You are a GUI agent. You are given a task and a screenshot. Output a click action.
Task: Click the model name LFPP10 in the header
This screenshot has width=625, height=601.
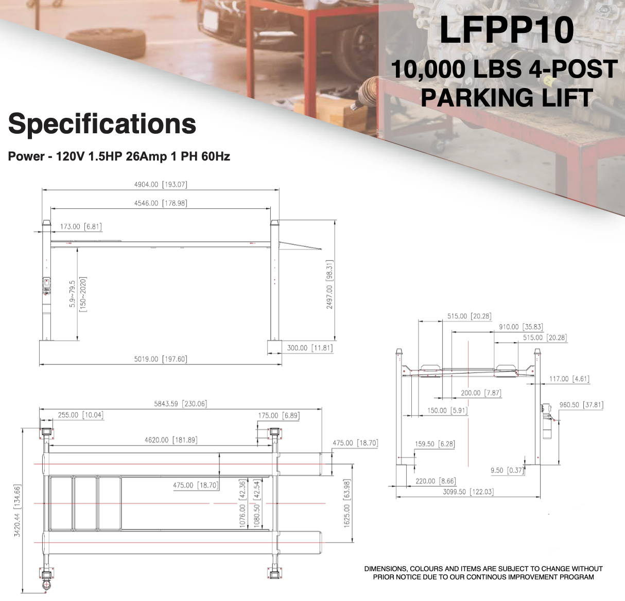point(507,30)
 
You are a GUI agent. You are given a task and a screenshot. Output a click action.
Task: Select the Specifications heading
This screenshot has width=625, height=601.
point(102,124)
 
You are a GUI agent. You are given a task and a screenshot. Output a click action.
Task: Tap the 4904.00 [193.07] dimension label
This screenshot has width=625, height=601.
point(161,184)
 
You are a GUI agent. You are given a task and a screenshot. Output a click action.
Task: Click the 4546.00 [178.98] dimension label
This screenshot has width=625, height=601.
point(161,203)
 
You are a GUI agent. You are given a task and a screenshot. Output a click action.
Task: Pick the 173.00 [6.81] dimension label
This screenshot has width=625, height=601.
point(81,226)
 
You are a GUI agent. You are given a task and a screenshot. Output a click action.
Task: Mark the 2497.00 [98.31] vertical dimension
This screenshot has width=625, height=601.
point(329,284)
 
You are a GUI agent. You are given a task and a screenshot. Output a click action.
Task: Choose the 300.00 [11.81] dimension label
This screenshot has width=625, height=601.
point(310,348)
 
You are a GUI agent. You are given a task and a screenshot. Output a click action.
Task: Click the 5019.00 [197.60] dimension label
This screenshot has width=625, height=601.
point(161,359)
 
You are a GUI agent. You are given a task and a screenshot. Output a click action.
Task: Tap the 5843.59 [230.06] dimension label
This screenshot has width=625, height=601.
point(180,404)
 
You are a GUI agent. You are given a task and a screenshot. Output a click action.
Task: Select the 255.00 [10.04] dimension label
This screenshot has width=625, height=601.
point(80,415)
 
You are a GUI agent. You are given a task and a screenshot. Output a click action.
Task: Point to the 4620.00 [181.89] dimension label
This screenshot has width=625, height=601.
point(171,440)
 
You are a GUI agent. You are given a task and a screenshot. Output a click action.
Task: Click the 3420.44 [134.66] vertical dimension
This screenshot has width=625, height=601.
point(18,511)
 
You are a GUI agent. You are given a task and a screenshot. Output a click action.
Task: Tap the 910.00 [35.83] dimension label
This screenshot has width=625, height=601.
point(520,327)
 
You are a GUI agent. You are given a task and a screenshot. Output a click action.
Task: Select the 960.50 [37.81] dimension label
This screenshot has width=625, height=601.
point(581,405)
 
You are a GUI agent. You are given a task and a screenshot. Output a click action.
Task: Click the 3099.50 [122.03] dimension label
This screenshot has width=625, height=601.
point(468,492)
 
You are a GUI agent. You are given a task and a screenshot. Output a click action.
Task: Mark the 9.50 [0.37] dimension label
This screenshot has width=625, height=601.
point(507,470)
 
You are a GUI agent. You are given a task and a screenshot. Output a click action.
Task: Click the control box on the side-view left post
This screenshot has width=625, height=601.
point(46,286)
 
